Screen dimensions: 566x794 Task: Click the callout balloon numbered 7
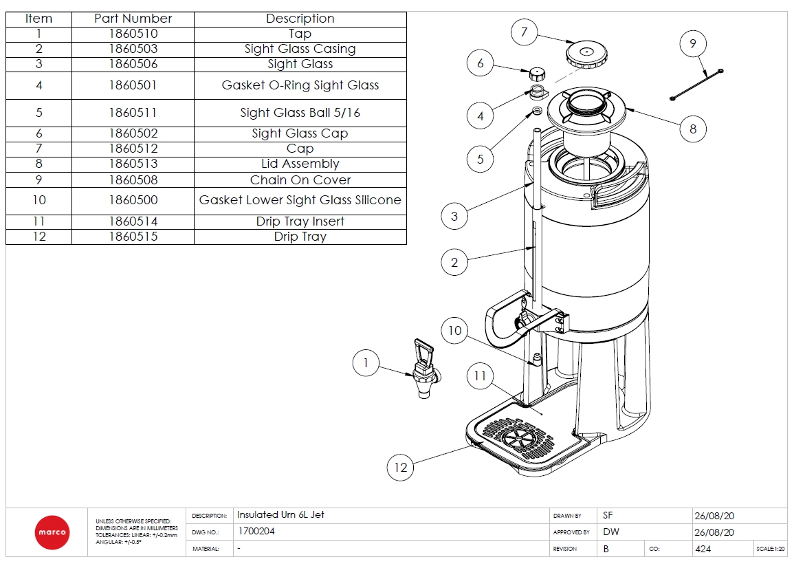pyautogui.click(x=525, y=32)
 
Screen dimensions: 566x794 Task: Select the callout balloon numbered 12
pyautogui.click(x=401, y=467)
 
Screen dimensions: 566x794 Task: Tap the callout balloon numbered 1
pyautogui.click(x=366, y=362)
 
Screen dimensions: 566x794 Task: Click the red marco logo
pyautogui.click(x=52, y=532)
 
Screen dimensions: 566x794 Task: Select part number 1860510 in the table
pyautogui.click(x=133, y=34)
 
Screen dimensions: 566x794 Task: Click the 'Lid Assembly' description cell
pyautogui.click(x=300, y=164)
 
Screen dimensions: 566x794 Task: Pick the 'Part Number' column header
pyautogui.click(x=133, y=19)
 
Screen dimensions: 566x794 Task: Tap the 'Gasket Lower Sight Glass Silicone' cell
pyautogui.click(x=300, y=200)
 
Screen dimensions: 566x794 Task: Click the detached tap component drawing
pyautogui.click(x=423, y=368)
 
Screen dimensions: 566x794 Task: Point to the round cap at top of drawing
pyautogui.click(x=586, y=53)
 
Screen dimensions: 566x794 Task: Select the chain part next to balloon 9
pyautogui.click(x=697, y=85)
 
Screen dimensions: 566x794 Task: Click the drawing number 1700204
pyautogui.click(x=256, y=532)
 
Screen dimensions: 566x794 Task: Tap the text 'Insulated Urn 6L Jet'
pyautogui.click(x=280, y=514)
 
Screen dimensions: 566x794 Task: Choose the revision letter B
pyautogui.click(x=606, y=549)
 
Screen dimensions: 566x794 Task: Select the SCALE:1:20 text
pyautogui.click(x=770, y=549)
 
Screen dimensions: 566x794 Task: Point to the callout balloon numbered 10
pyautogui.click(x=454, y=331)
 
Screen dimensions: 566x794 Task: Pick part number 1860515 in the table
pyautogui.click(x=133, y=237)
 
